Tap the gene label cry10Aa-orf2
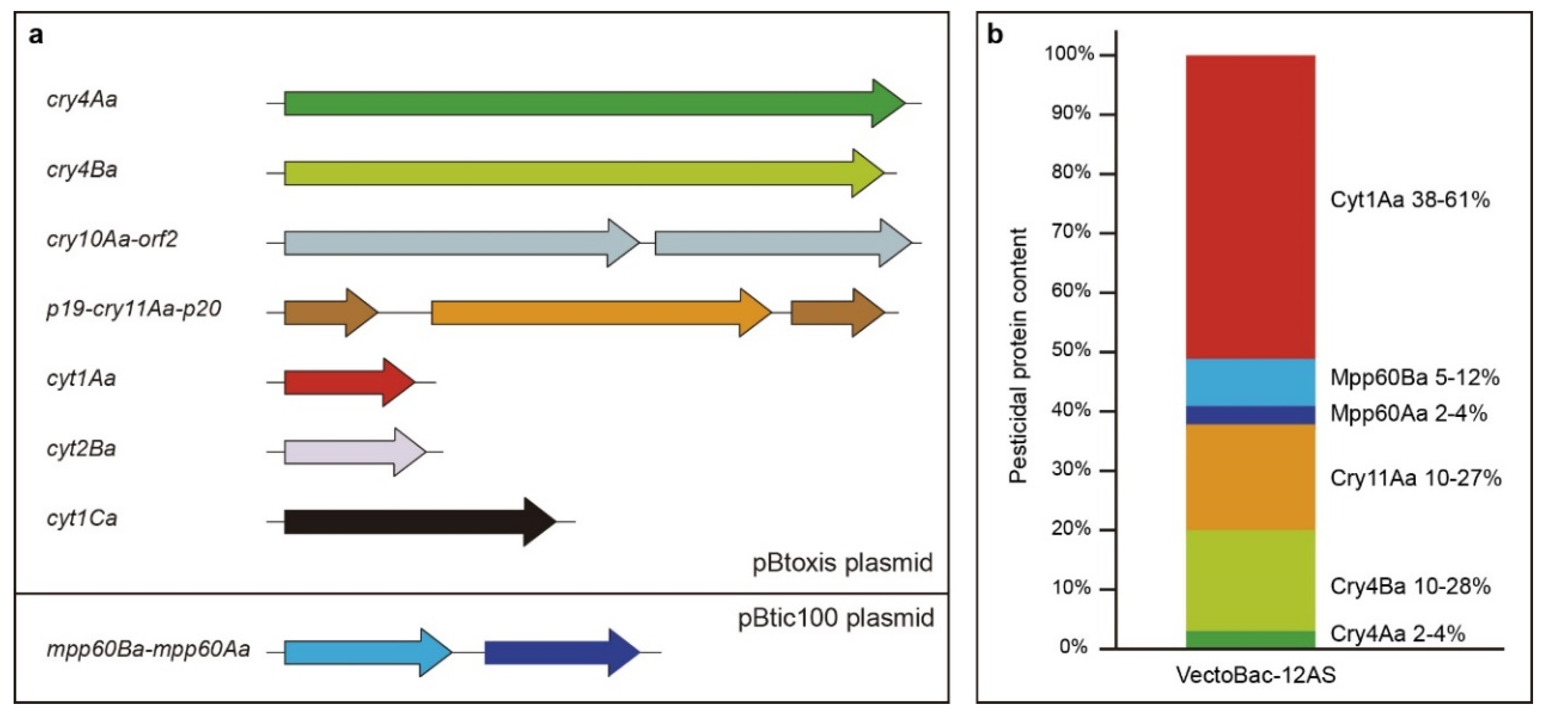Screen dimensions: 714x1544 pos(112,240)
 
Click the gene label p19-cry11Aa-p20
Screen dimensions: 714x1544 pos(134,309)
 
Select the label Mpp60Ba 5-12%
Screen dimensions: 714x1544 pos(1414,378)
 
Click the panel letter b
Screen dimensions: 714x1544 pos(995,35)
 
